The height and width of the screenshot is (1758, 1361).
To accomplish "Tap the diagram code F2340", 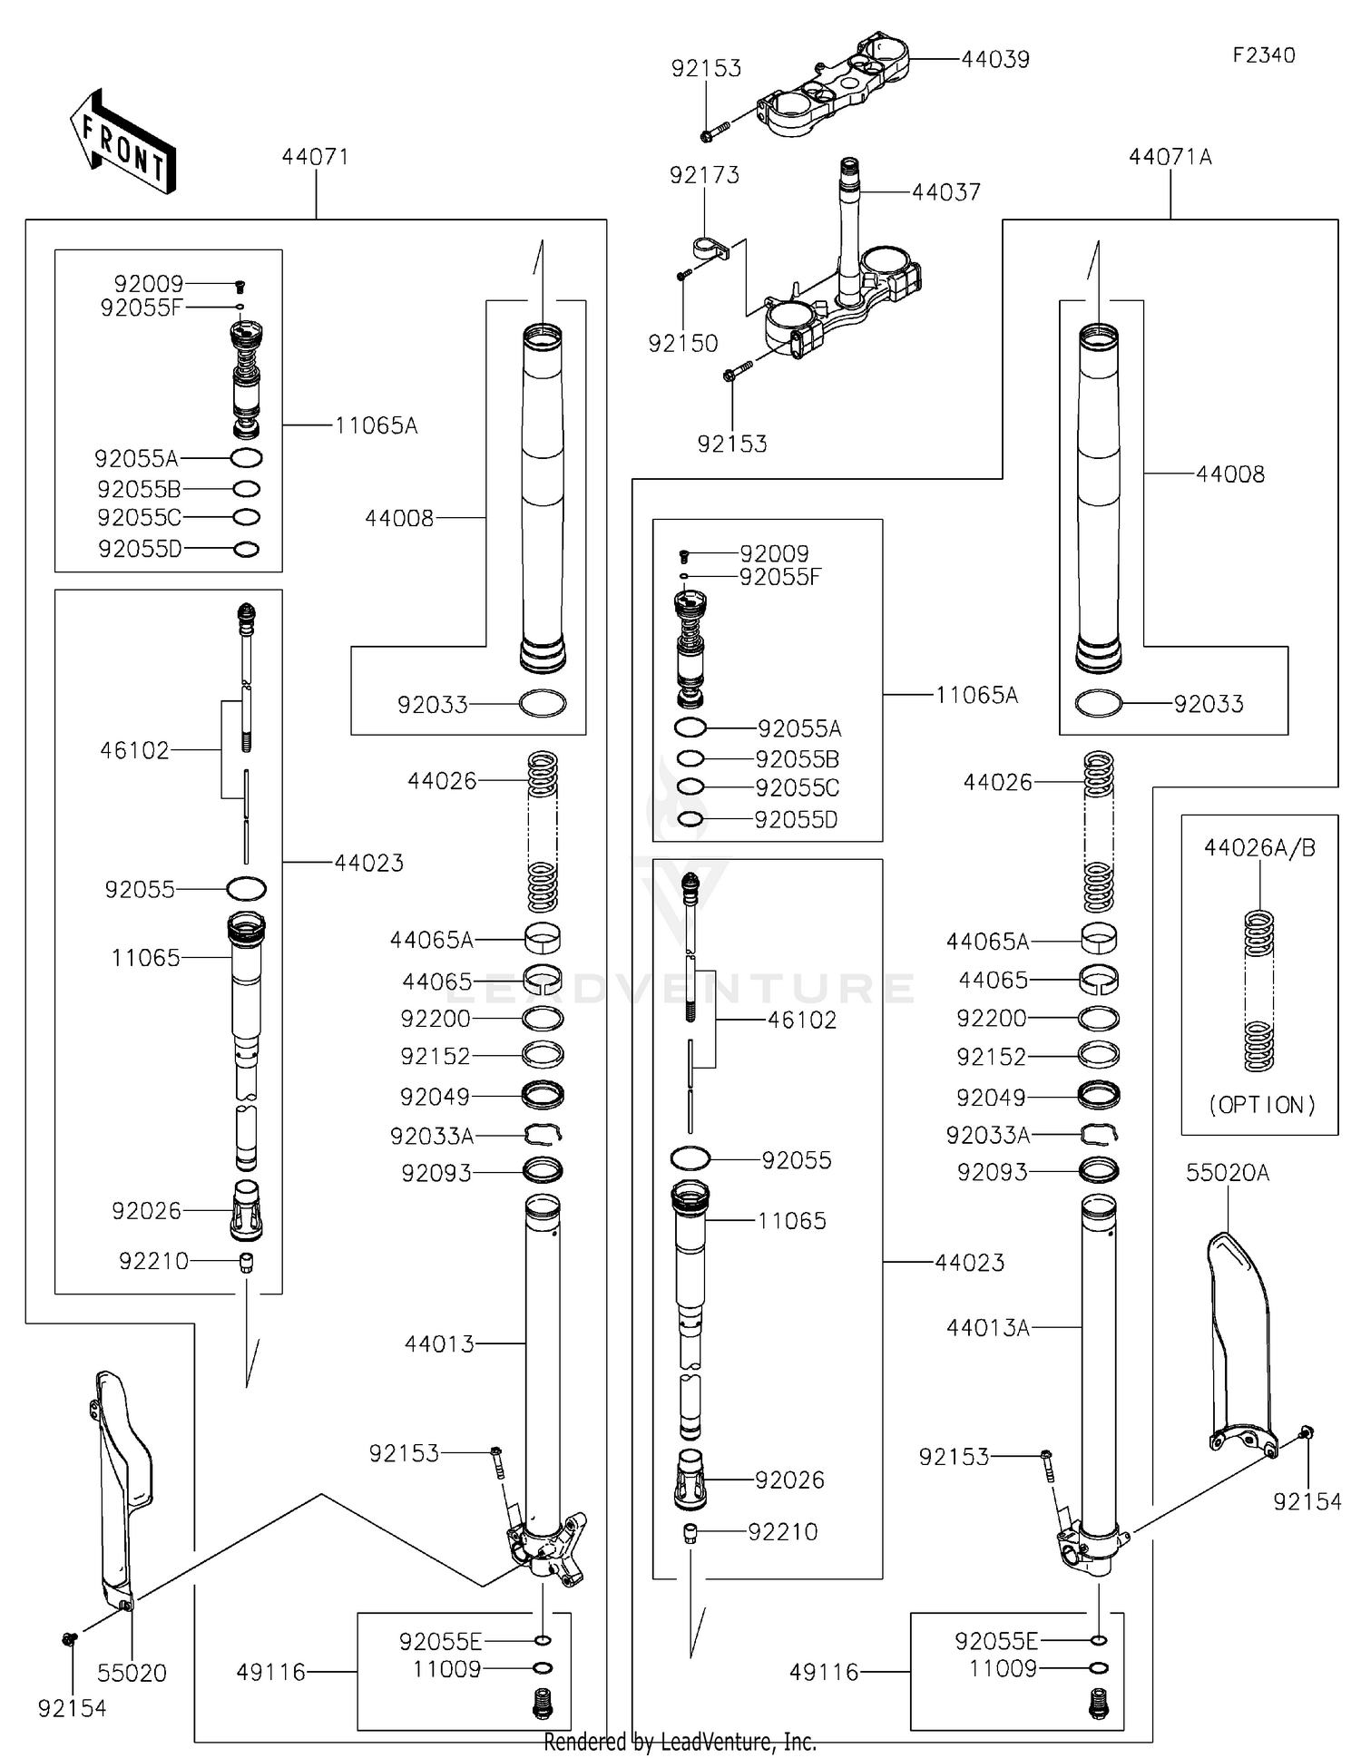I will [1263, 55].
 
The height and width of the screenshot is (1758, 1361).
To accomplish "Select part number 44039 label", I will [994, 60].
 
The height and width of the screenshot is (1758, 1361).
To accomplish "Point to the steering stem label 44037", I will [945, 192].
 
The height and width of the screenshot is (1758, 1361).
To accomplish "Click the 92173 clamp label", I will [704, 175].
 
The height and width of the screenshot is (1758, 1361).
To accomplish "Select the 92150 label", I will [682, 344].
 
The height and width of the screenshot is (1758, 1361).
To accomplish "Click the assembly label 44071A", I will [1170, 157].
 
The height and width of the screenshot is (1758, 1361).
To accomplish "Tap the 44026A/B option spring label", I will [1259, 848].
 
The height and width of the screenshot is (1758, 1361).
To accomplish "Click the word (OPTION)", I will [1261, 1105].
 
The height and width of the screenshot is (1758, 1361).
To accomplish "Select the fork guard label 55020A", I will [1227, 1173].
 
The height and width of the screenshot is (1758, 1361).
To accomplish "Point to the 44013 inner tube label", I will [439, 1343].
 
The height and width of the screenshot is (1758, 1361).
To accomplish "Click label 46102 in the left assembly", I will [134, 750].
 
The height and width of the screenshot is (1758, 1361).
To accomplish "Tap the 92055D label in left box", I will [140, 549].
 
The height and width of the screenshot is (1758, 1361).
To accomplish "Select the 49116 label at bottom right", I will [823, 1672].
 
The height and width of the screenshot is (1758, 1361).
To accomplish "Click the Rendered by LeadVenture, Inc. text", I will [680, 1742].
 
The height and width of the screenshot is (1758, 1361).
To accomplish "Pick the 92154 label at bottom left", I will [72, 1708].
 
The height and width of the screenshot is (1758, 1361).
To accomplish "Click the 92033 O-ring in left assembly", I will [543, 703].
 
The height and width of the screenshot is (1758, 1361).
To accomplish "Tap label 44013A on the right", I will [987, 1328].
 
